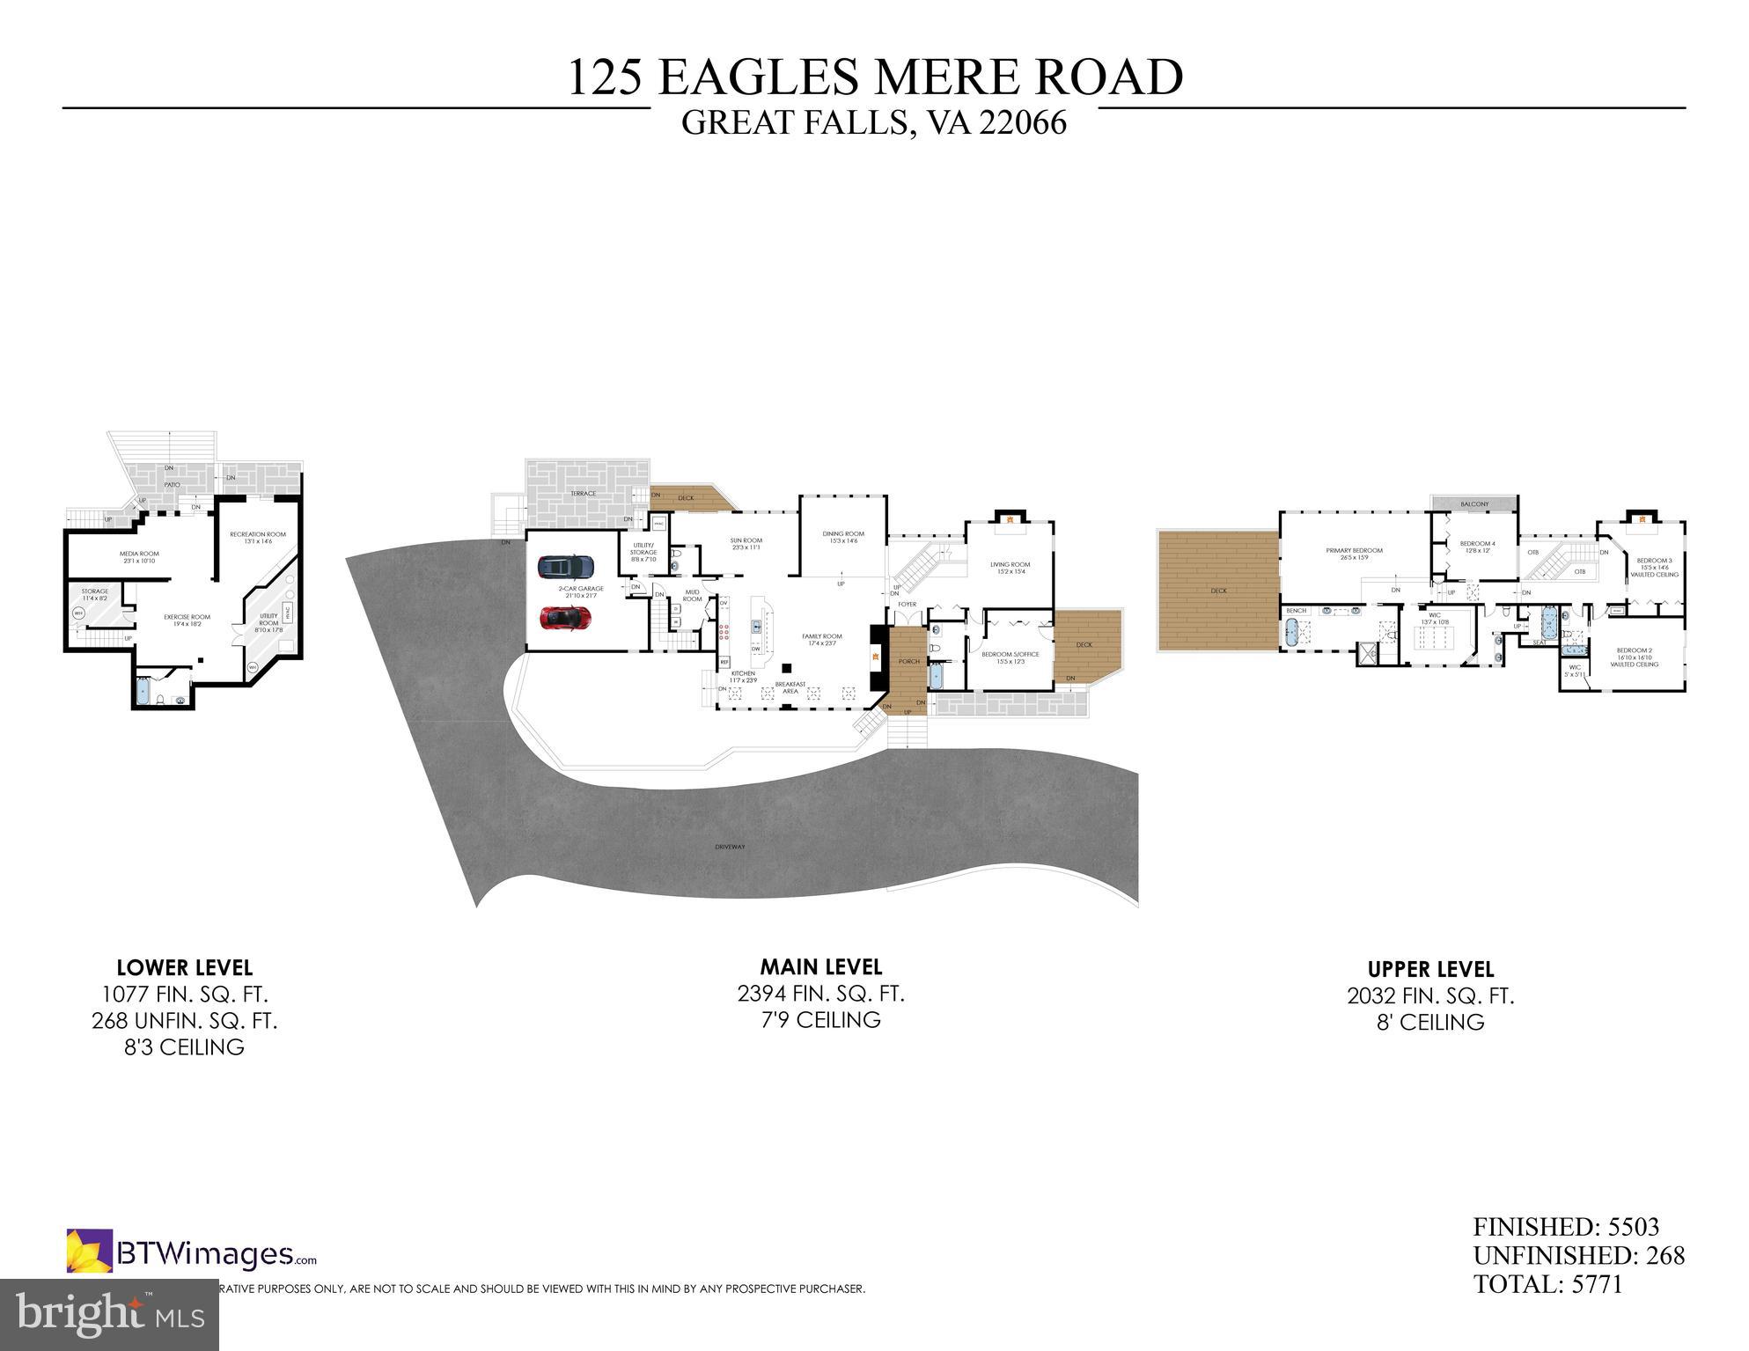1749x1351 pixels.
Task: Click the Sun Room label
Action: coord(746,543)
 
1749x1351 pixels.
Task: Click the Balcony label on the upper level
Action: coord(1474,504)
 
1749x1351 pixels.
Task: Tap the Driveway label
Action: coord(730,847)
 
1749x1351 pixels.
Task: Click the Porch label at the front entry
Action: coord(908,661)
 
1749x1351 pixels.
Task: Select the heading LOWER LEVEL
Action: coord(185,968)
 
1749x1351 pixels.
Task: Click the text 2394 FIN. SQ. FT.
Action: coord(820,994)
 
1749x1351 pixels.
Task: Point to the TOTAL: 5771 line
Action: coord(1547,1284)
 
